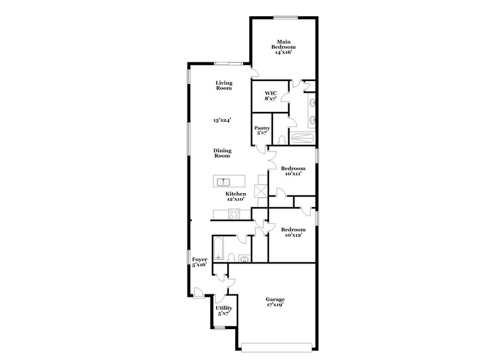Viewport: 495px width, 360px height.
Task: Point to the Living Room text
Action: [x=224, y=85]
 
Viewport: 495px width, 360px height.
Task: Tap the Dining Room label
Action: [x=222, y=153]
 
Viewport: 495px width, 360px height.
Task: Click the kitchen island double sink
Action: [x=223, y=182]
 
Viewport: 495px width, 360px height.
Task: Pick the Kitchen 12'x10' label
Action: [x=235, y=197]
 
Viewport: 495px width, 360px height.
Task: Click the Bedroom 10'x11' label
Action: [x=293, y=171]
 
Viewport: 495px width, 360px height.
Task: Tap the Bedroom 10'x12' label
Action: [x=293, y=233]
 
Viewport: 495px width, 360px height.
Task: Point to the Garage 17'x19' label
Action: [x=275, y=302]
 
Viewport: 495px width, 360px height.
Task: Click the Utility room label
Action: [x=223, y=311]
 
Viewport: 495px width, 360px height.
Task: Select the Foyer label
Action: [x=199, y=262]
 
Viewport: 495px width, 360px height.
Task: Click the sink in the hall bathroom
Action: [x=243, y=259]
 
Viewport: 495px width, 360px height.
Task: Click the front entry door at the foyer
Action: [x=198, y=292]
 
